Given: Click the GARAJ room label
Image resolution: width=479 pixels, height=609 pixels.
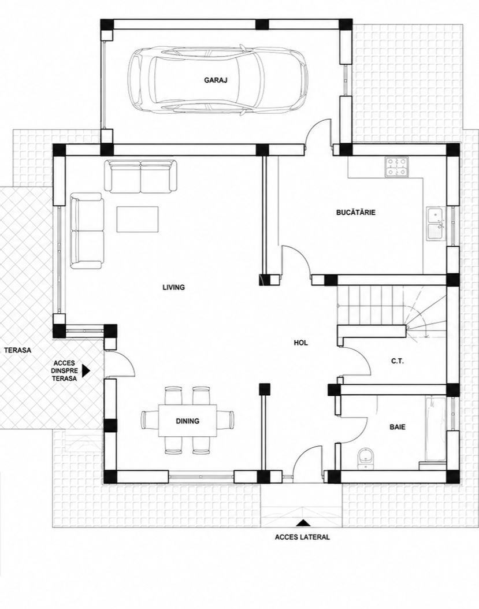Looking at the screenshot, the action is pyautogui.click(x=216, y=80).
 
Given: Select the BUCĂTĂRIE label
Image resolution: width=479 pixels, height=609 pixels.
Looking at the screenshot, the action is pyautogui.click(x=356, y=213).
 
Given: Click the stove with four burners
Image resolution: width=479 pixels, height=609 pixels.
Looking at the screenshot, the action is pyautogui.click(x=396, y=166).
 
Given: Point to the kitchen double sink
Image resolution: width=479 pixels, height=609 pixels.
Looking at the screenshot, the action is pyautogui.click(x=436, y=224).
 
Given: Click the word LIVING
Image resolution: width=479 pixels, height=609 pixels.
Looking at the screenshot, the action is pyautogui.click(x=174, y=287).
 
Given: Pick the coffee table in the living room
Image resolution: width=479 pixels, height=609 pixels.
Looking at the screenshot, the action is pyautogui.click(x=138, y=220).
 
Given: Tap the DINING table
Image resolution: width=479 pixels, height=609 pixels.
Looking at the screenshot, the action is pyautogui.click(x=187, y=421).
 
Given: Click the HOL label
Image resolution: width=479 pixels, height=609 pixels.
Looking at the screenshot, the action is pyautogui.click(x=300, y=343).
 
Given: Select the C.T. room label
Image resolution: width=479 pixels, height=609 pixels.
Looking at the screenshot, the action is pyautogui.click(x=398, y=361).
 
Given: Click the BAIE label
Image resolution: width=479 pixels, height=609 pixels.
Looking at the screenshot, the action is pyautogui.click(x=398, y=427).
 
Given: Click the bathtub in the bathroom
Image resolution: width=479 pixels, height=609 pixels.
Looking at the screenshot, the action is pyautogui.click(x=436, y=428).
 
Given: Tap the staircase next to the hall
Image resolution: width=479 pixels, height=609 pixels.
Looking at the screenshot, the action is pyautogui.click(x=392, y=311).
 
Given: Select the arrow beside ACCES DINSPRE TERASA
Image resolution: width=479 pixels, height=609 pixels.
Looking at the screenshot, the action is pyautogui.click(x=86, y=370).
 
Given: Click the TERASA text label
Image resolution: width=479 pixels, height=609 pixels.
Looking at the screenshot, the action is pyautogui.click(x=17, y=350).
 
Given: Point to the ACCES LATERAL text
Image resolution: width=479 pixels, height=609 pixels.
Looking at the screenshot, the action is pyautogui.click(x=302, y=537).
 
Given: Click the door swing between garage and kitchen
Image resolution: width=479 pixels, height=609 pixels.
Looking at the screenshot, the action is pyautogui.click(x=318, y=132).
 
